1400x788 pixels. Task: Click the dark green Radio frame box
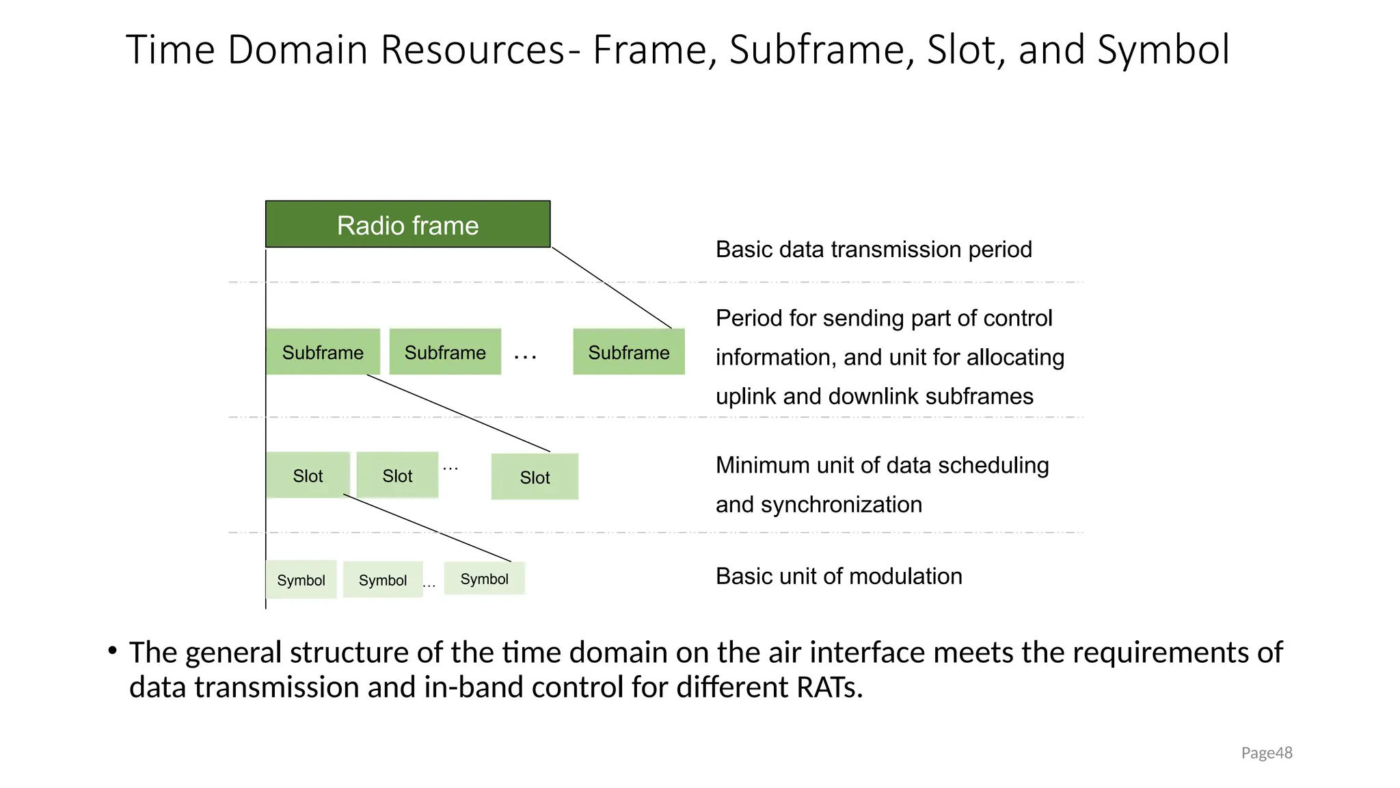click(407, 224)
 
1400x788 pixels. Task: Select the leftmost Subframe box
click(323, 352)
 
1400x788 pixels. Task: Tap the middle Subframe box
click(445, 352)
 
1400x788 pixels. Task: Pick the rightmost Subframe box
click(629, 352)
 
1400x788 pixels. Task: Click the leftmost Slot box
click(308, 475)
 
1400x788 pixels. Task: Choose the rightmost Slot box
click(535, 477)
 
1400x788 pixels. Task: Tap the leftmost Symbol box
click(301, 579)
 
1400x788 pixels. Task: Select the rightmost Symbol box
click(484, 579)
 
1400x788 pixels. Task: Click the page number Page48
click(1266, 753)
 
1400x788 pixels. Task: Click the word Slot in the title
click(963, 50)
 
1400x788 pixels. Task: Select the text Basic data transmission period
click(873, 250)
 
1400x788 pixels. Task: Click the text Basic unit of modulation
click(838, 576)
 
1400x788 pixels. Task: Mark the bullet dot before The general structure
click(112, 651)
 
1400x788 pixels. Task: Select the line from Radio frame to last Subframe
click(612, 287)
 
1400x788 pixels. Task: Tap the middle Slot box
click(397, 475)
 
